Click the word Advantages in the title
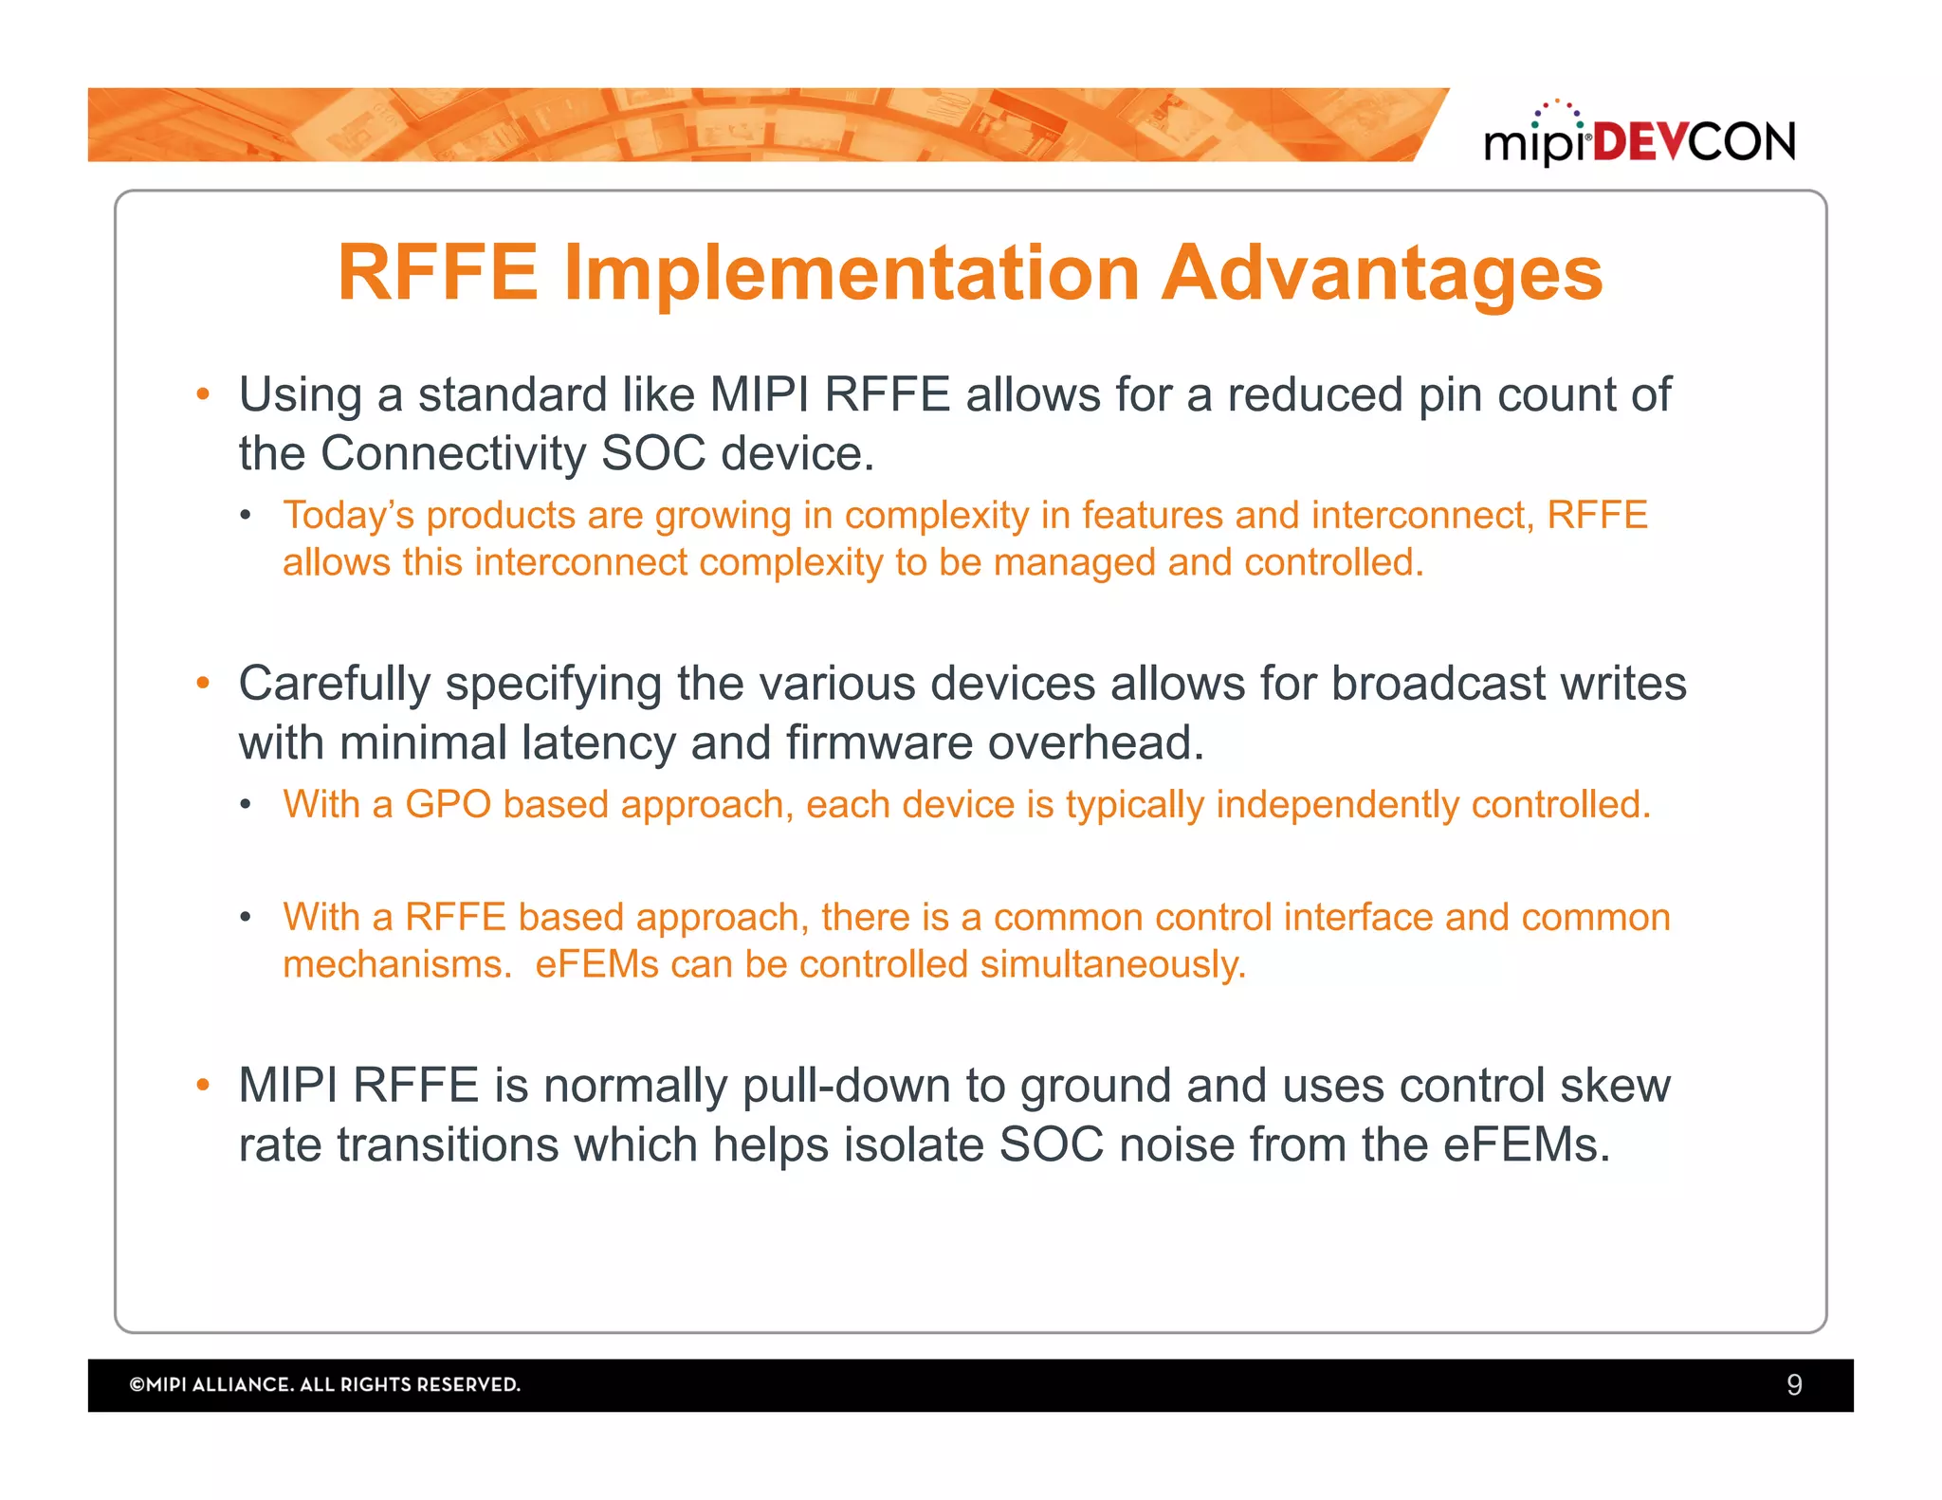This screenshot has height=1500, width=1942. pyautogui.click(x=1382, y=274)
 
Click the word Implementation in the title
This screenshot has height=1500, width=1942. pyautogui.click(x=852, y=274)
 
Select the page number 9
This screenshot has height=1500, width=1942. pyautogui.click(x=1793, y=1385)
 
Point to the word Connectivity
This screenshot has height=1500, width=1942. pyautogui.click(x=453, y=454)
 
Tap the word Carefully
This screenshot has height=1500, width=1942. pyautogui.click(x=334, y=685)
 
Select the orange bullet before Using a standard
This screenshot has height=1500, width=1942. pyautogui.click(x=202, y=394)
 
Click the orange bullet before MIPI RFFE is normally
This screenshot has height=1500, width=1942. pyautogui.click(x=202, y=1086)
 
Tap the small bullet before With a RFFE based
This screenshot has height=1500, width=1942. pyautogui.click(x=246, y=917)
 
